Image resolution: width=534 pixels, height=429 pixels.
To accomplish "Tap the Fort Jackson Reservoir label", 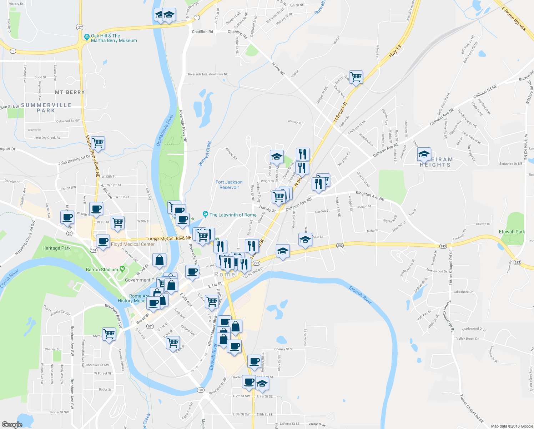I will [229, 185].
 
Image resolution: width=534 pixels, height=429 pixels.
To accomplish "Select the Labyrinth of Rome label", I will [233, 215].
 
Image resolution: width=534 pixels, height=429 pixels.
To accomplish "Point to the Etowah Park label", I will [512, 232].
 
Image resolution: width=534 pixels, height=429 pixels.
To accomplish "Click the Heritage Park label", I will [56, 248].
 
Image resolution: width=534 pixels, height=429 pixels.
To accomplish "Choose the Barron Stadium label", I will [102, 270].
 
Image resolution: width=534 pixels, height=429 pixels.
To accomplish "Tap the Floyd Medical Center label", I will [133, 244].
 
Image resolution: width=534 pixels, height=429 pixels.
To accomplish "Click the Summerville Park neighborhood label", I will [46, 108].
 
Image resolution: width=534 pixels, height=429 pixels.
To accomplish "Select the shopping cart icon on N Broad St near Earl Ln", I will [356, 77].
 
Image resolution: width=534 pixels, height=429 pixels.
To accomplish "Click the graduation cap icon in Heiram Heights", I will [424, 154].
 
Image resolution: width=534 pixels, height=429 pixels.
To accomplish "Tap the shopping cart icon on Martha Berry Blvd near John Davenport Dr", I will [98, 143].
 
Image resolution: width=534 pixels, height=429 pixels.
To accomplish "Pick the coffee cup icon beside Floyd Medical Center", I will [103, 241].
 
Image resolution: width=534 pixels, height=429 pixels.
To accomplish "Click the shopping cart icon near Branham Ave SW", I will [109, 334].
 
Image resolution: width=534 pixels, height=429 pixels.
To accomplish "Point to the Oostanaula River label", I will [165, 130].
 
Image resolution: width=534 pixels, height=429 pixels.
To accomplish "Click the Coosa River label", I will [9, 279].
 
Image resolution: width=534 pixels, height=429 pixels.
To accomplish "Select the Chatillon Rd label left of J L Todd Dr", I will [202, 32].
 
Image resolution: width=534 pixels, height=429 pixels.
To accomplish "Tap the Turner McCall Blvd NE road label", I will [168, 238].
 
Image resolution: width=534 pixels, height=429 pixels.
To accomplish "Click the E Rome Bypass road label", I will [514, 18].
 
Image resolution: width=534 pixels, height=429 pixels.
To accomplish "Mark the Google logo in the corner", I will [12, 424].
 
